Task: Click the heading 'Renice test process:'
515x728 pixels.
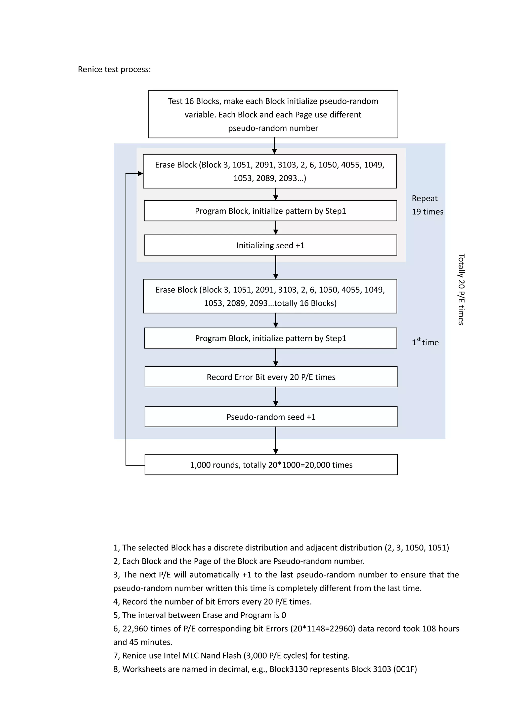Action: coord(114,69)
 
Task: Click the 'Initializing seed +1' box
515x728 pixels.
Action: coord(270,245)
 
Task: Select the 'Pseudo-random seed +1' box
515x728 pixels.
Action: coord(271,417)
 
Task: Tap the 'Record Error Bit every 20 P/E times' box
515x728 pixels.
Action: coord(271,377)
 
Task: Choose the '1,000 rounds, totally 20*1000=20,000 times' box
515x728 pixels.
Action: coord(271,465)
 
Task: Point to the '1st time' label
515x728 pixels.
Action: coord(425,342)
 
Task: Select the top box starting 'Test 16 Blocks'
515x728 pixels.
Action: coord(273,114)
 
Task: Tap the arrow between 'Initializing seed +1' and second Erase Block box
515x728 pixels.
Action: coord(276,267)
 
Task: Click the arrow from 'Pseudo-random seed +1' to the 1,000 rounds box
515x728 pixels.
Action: coord(276,441)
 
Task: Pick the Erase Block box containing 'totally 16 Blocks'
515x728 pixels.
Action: coord(270,296)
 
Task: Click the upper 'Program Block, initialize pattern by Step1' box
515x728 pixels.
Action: coord(270,211)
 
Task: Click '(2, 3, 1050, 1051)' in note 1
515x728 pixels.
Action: coord(417,548)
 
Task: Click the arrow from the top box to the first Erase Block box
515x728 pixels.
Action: coord(274,146)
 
